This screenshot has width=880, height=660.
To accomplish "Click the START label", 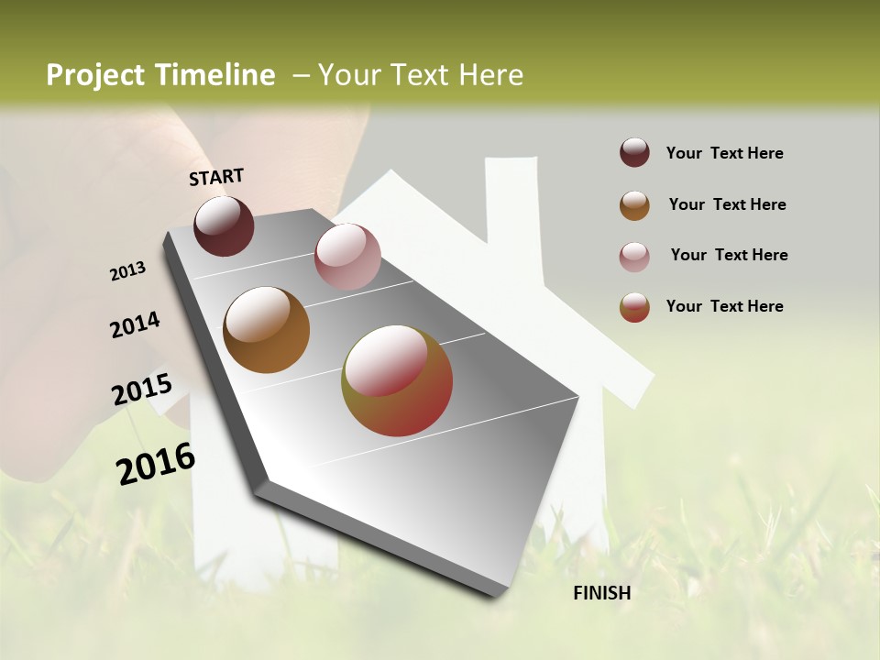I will (x=216, y=177).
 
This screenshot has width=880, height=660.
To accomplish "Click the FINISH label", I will (x=601, y=593).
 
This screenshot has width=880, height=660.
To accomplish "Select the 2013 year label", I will (x=127, y=271).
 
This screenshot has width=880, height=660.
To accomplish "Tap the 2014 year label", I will (x=135, y=325).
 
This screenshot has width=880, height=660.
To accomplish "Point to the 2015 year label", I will (x=142, y=390).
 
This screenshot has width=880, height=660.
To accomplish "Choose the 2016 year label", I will (x=156, y=463).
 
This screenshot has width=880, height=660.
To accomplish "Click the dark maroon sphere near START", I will (x=224, y=225).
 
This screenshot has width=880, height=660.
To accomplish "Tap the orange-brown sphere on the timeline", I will (x=266, y=330).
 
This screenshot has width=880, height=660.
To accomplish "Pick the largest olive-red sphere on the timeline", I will (x=397, y=380).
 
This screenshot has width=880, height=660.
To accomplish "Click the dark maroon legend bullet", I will (x=634, y=152).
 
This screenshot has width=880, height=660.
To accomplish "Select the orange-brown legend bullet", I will (x=634, y=205).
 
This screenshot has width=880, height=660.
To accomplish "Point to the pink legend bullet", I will (x=634, y=257).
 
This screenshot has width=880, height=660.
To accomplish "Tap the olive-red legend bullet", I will (x=634, y=307).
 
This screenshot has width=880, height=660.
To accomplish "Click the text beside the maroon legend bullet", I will (x=724, y=153).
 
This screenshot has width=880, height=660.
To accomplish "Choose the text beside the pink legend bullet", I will (x=729, y=255).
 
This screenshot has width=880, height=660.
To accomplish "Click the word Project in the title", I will (x=94, y=75).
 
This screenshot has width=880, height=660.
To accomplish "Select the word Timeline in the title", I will (x=215, y=75).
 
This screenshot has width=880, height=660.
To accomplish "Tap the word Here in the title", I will (x=490, y=75).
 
